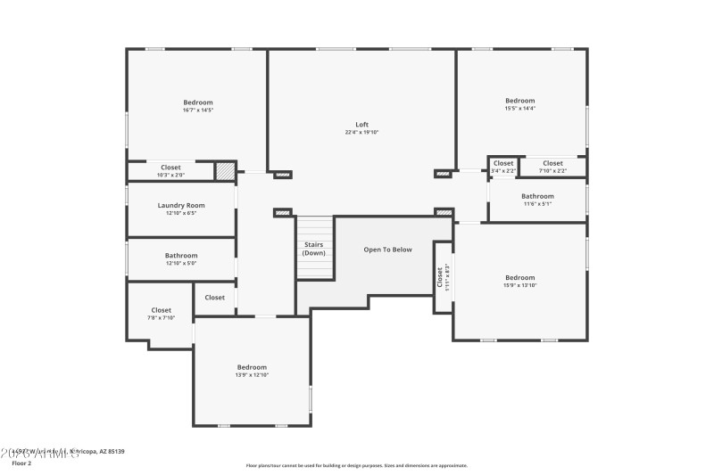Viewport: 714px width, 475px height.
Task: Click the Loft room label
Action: click(x=361, y=125)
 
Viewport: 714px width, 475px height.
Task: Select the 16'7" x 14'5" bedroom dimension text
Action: click(x=198, y=111)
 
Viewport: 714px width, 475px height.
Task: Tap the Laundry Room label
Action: click(x=181, y=206)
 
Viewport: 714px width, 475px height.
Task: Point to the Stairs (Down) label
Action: click(x=314, y=248)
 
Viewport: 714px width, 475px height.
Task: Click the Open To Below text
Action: click(x=387, y=250)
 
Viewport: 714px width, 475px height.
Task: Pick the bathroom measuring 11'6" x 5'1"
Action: click(x=537, y=200)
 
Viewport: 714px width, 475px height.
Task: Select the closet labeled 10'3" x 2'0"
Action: click(x=170, y=171)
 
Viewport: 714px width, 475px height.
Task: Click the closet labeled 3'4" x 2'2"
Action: click(x=503, y=167)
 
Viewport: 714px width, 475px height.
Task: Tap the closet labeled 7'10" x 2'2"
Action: click(x=552, y=167)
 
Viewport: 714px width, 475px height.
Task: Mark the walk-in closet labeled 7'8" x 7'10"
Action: click(x=161, y=314)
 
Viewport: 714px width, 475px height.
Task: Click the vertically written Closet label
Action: click(x=440, y=279)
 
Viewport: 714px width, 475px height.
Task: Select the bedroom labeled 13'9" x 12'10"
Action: click(x=252, y=371)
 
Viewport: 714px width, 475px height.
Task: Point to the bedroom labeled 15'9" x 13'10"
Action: click(x=519, y=281)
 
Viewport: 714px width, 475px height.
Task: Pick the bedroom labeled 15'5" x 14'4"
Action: click(x=519, y=104)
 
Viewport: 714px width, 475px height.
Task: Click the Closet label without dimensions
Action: click(x=215, y=298)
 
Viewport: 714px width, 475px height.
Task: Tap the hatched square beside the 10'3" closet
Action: click(x=226, y=170)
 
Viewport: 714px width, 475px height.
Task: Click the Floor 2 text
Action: click(x=21, y=463)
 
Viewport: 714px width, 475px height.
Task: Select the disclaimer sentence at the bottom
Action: click(x=356, y=465)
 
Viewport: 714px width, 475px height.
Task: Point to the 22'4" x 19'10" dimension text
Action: click(x=361, y=133)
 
